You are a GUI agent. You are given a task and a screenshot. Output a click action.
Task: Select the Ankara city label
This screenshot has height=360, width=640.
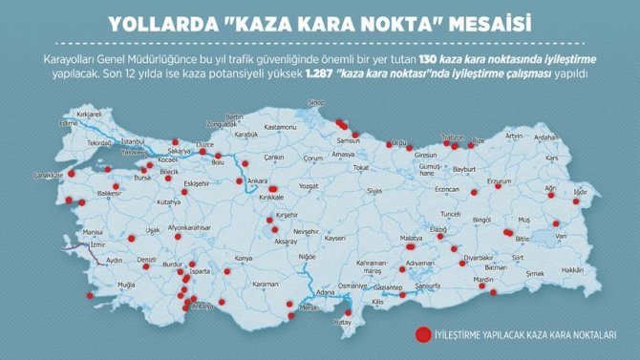pos(257,180)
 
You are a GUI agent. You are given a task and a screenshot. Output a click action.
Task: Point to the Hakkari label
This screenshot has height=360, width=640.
pos(572,270)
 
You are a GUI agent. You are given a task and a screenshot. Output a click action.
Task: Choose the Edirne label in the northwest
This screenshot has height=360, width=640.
pos(68,123)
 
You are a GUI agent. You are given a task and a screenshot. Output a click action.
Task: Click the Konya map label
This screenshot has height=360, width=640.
pos(245,258)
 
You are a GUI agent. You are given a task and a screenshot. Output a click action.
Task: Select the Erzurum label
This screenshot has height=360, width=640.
pos(501,181)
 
